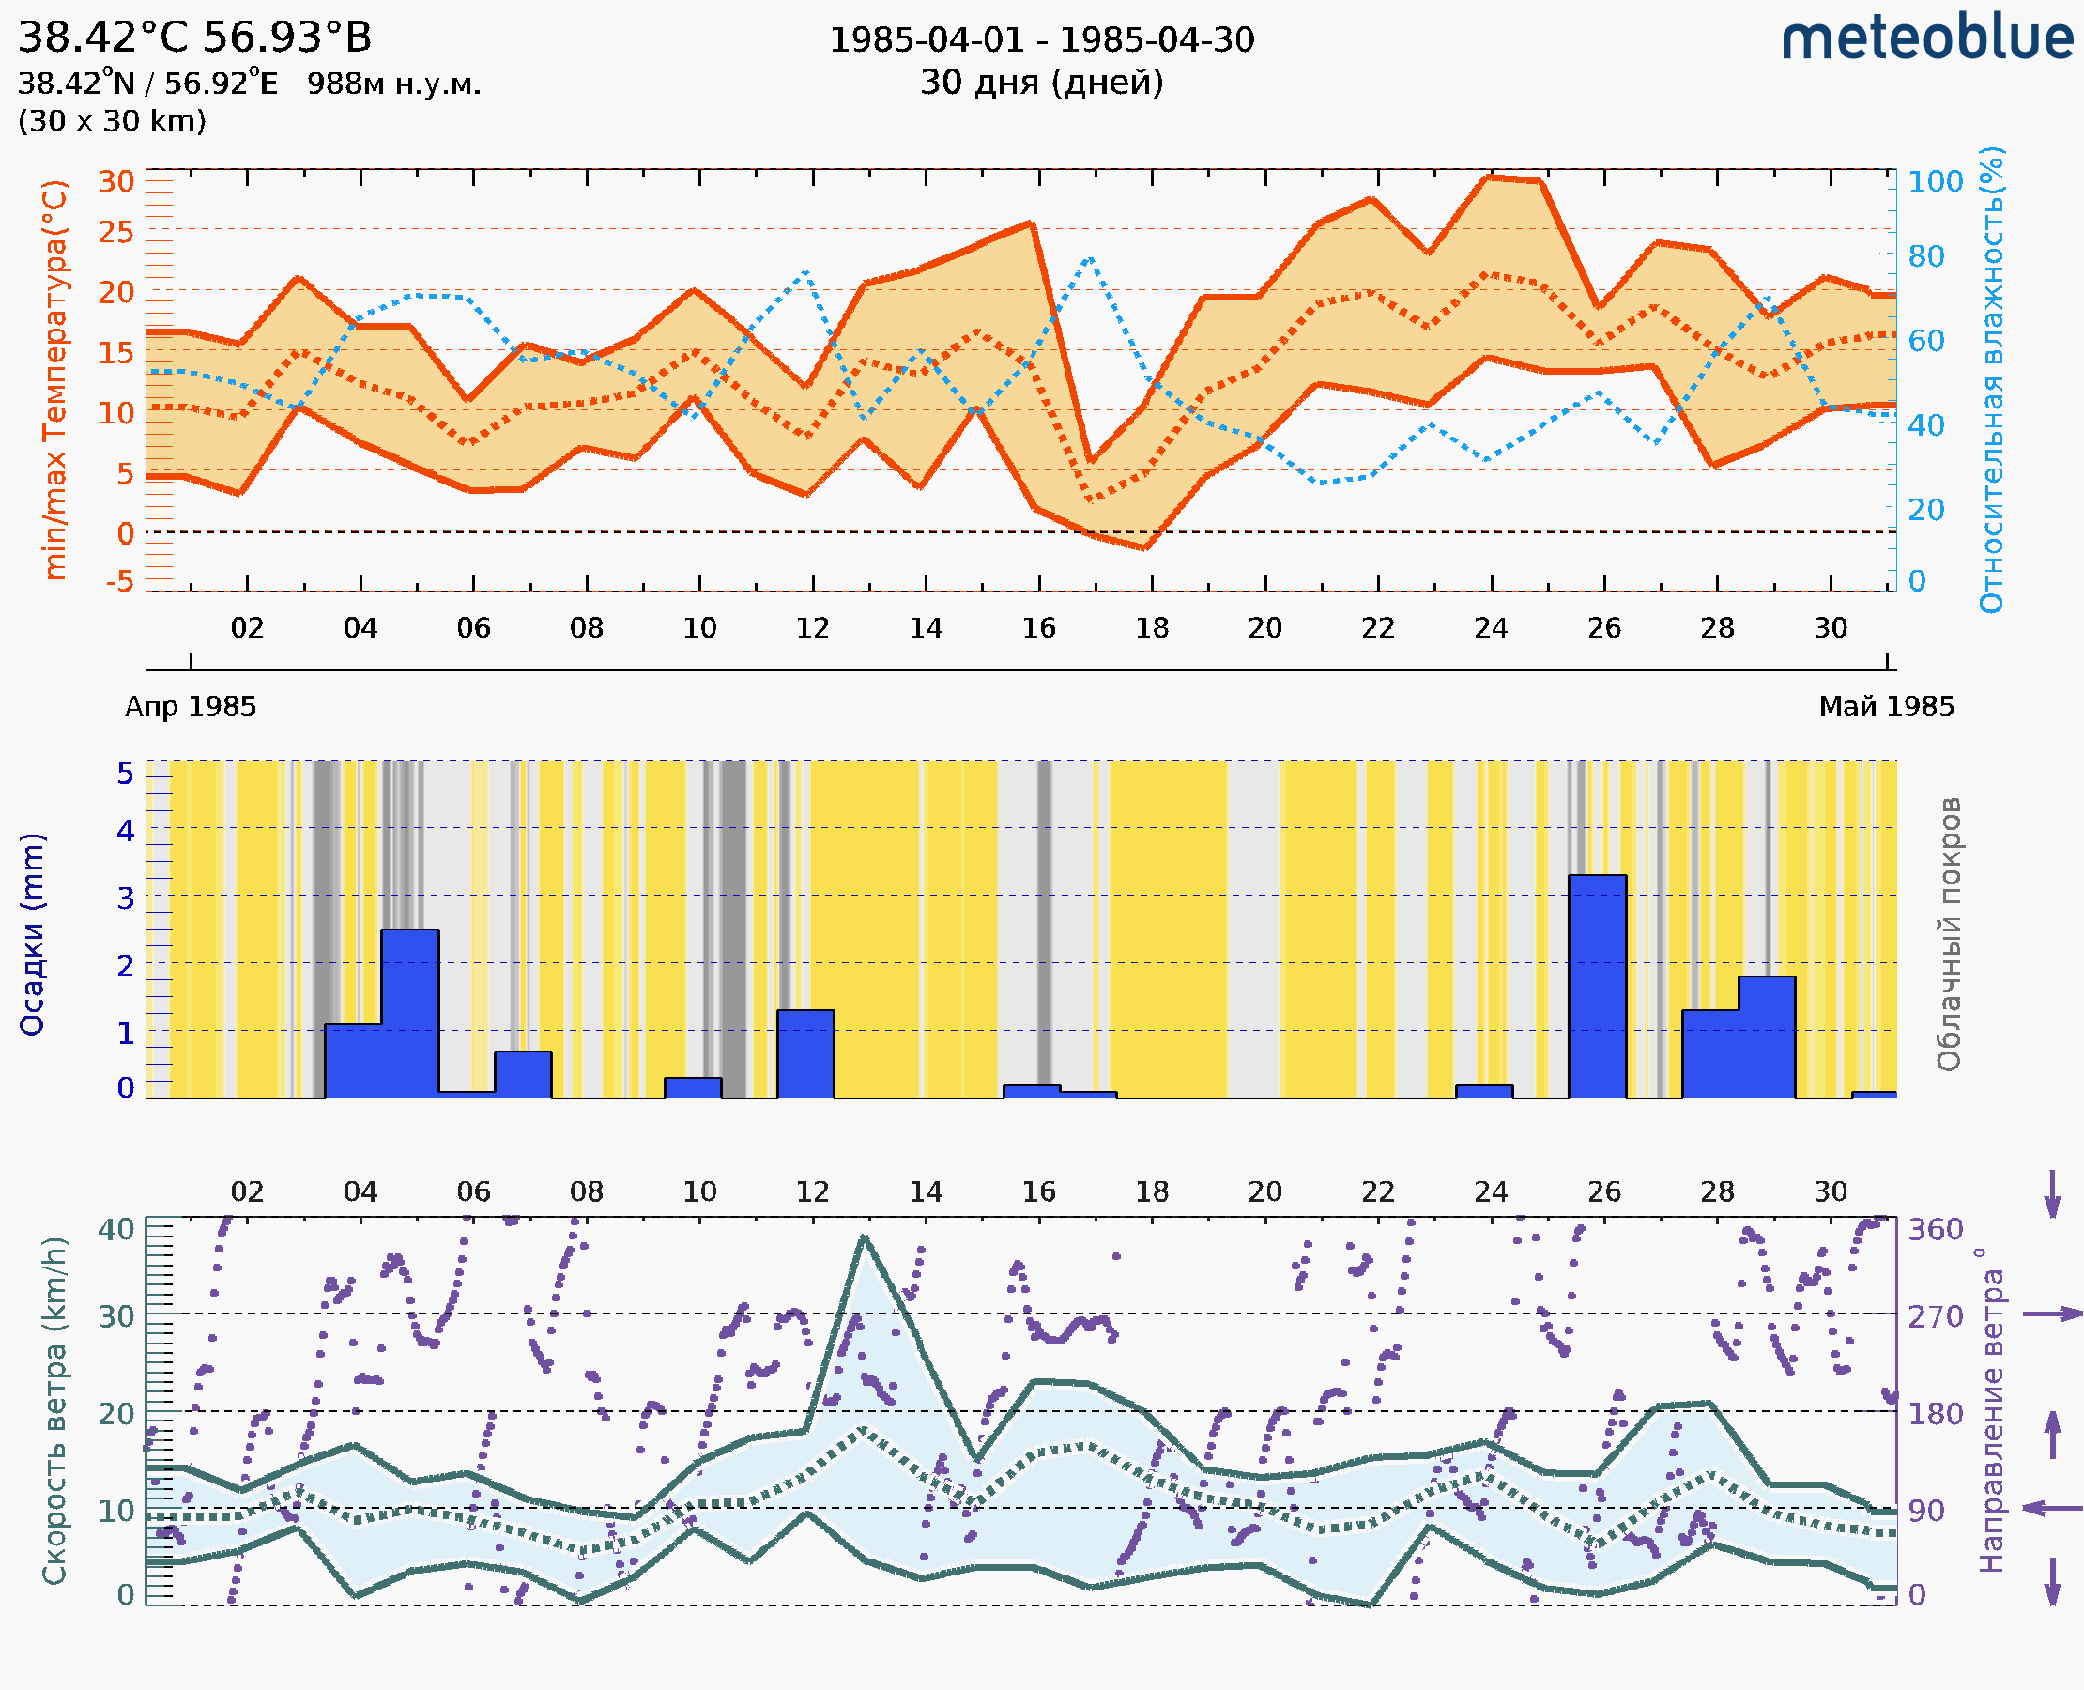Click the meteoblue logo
tap(1926, 38)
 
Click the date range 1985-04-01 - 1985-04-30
tap(1040, 40)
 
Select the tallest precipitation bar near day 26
tap(1597, 985)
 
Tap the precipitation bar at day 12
tap(805, 1053)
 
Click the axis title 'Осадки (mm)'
tap(32, 934)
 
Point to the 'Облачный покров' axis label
tap(1948, 934)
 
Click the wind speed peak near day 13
tap(864, 1237)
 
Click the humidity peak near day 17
tap(1089, 258)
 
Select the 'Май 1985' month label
tap(1885, 707)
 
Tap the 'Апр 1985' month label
tap(191, 707)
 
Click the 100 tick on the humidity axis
tap(1935, 182)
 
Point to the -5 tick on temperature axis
tap(120, 581)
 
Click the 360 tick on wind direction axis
tap(1935, 1230)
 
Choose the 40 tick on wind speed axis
tap(115, 1230)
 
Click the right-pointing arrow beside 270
tap(2052, 1314)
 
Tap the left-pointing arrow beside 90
tap(2052, 1509)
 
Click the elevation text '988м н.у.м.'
tap(393, 84)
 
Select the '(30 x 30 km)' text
tap(112, 122)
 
